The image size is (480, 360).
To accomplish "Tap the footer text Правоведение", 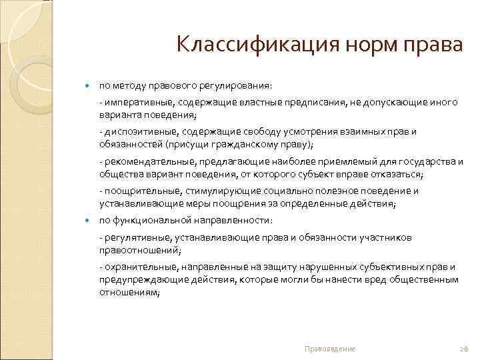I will tap(329, 349).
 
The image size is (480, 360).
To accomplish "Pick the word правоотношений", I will tap(139, 249).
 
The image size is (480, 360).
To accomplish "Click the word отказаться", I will tap(390, 174).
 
